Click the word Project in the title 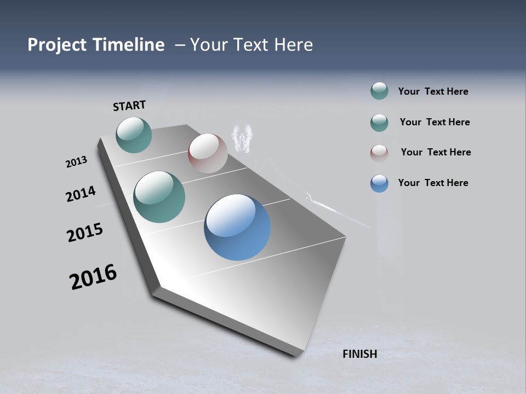pos(57,45)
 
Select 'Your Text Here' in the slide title pos(251,45)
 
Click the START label pos(129,106)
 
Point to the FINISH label pos(360,354)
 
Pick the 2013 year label pos(76,162)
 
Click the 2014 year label pos(81,194)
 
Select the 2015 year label pos(84,233)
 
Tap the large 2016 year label pos(93,277)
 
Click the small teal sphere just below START pos(134,135)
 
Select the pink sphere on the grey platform pos(208,153)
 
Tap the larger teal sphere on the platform pos(159,197)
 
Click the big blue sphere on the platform pos(237,227)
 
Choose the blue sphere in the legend pos(379,183)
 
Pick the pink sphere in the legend pos(379,153)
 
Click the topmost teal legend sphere pos(379,91)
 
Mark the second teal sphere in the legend pos(379,123)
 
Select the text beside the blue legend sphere pos(433,183)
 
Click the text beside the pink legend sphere pos(436,152)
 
